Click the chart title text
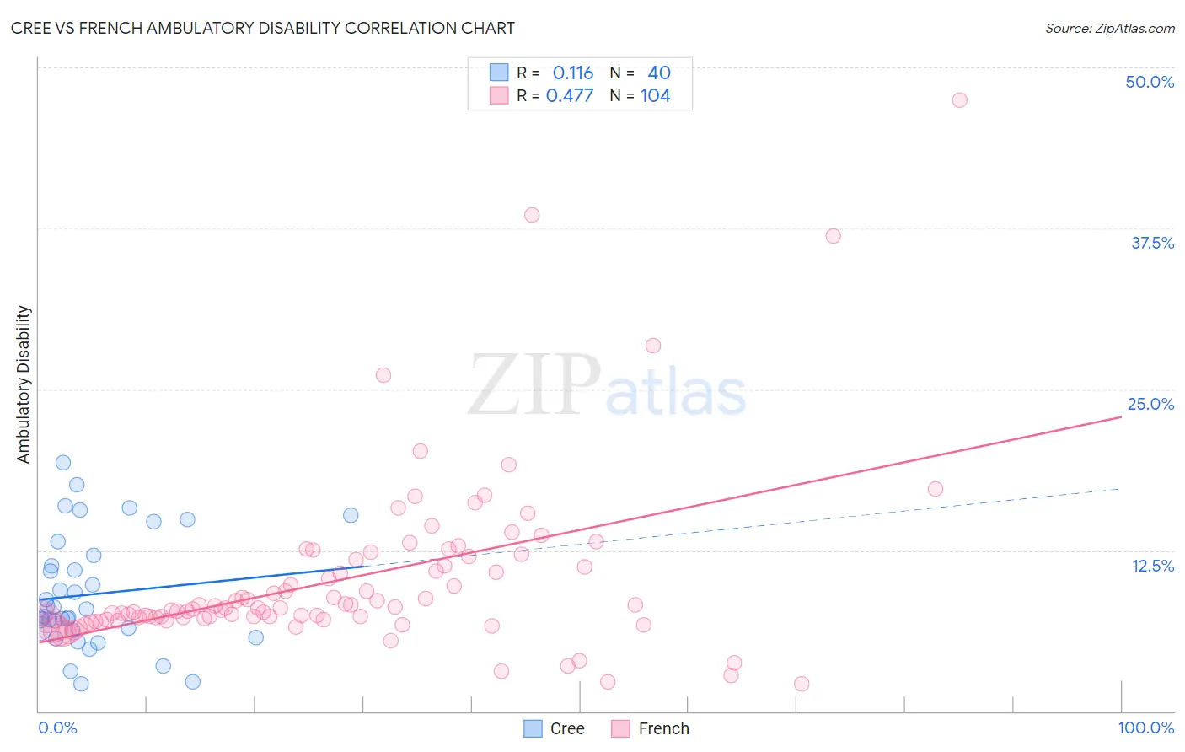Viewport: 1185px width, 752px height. pos(262,28)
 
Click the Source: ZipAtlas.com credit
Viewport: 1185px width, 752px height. pos(1109,28)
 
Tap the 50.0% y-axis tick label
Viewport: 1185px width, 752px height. pos(1150,82)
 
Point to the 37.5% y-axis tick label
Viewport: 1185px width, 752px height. pos(1152,243)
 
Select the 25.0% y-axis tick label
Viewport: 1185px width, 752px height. pos(1150,404)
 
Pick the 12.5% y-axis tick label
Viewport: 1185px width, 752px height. pos(1152,566)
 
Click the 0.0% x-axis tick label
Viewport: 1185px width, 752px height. pos(57,728)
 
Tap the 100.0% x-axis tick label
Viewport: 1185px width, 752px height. pos(1145,728)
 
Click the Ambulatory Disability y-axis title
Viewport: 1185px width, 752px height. pos(24,384)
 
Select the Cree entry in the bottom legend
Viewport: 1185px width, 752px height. pos(566,728)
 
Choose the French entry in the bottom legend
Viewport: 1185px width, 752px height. pos(663,728)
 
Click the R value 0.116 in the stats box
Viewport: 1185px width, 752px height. pos(573,73)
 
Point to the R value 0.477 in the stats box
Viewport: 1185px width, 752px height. pos(570,96)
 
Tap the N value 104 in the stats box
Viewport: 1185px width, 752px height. pos(656,96)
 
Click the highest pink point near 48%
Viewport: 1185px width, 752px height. pos(959,99)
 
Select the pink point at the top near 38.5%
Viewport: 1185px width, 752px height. pos(532,215)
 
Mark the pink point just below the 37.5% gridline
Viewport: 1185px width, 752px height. pos(834,236)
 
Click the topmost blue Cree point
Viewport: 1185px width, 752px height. pos(63,462)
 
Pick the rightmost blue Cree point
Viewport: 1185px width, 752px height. pos(351,515)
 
